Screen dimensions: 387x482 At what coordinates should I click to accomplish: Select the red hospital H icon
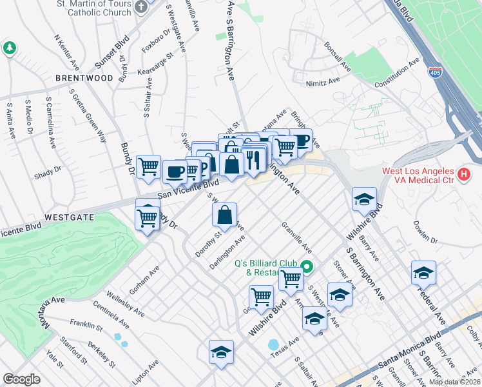463,174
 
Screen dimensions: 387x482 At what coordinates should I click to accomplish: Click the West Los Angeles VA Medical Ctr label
419,175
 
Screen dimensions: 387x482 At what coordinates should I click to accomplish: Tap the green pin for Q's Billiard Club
307,266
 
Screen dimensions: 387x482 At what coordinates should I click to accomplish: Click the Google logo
21,379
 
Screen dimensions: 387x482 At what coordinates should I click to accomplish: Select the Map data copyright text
454,382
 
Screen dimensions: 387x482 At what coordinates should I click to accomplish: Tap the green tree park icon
9,48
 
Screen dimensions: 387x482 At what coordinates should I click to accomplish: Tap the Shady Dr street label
48,170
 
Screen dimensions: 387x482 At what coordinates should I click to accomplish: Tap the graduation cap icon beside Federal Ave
423,273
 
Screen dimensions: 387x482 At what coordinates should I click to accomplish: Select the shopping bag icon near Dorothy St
224,215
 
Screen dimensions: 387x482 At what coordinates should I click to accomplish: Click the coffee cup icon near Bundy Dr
174,172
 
